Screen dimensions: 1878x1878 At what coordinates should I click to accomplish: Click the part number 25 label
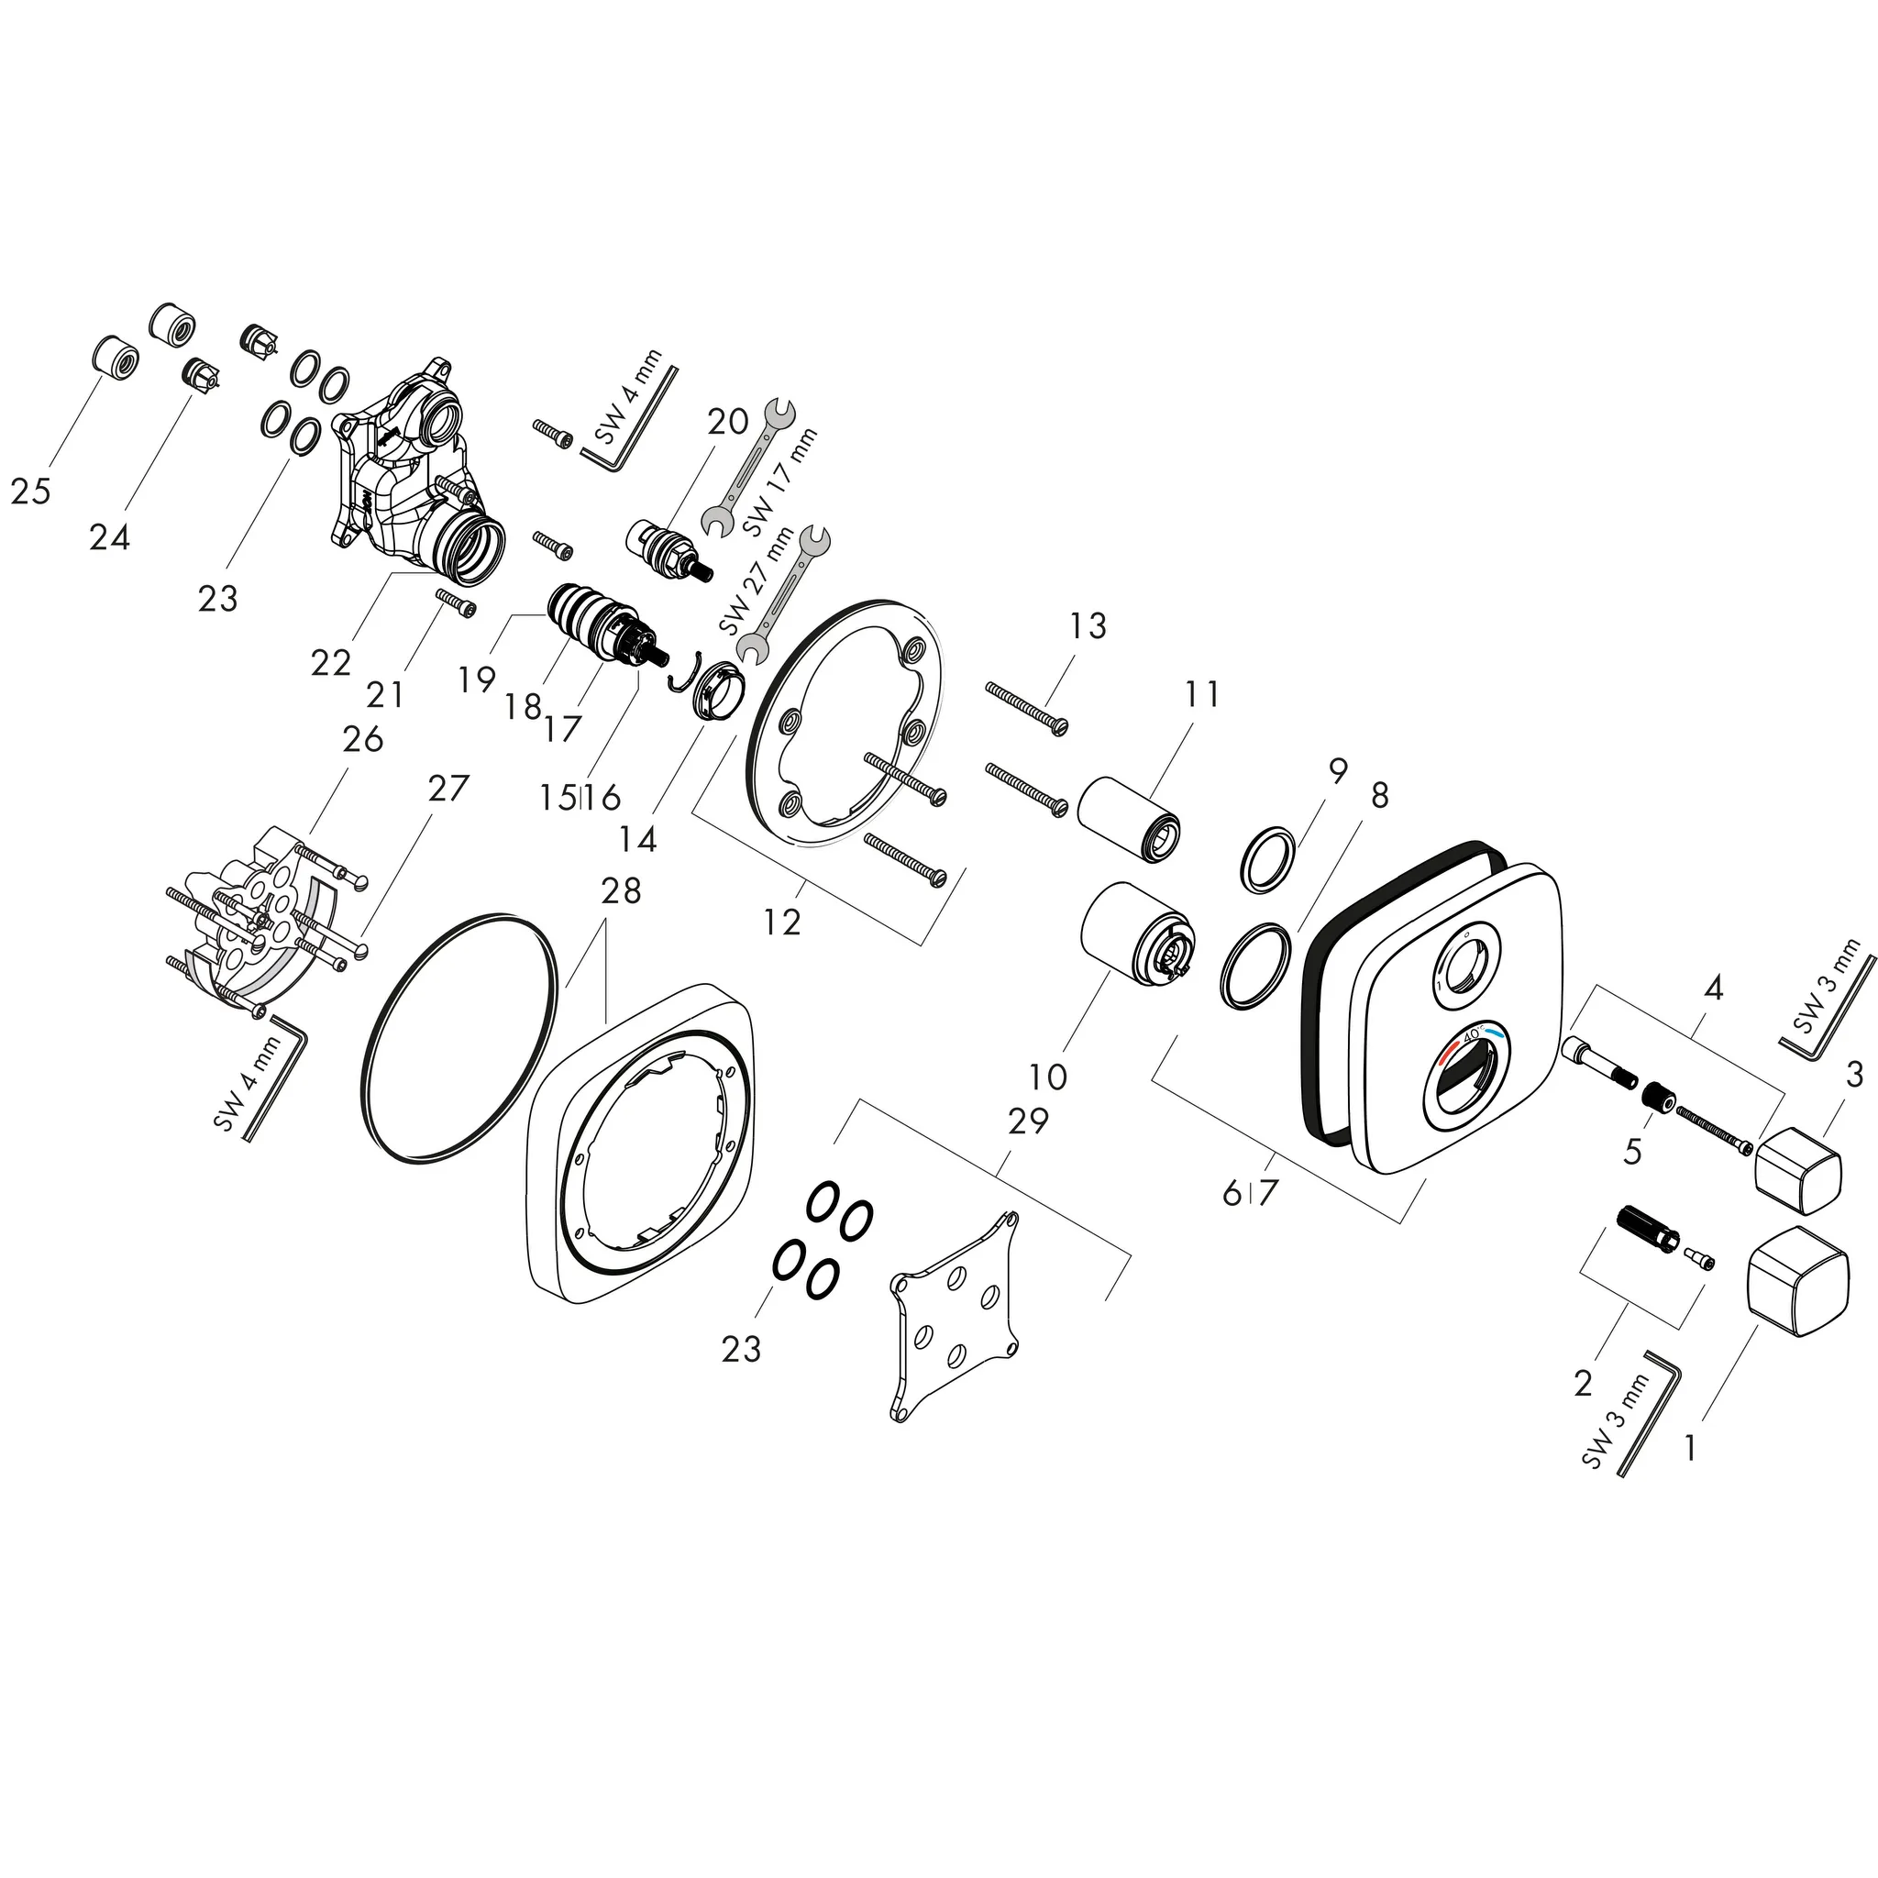30,492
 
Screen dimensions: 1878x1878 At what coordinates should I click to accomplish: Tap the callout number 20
728,421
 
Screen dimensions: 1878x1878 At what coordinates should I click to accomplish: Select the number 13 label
1088,626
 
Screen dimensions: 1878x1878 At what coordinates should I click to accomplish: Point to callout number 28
621,890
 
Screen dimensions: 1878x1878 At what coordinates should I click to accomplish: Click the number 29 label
1029,1121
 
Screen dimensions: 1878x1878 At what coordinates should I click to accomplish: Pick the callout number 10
1049,1076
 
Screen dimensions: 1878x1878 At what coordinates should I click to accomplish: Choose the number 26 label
363,740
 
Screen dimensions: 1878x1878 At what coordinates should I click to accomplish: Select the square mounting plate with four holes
955,1315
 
